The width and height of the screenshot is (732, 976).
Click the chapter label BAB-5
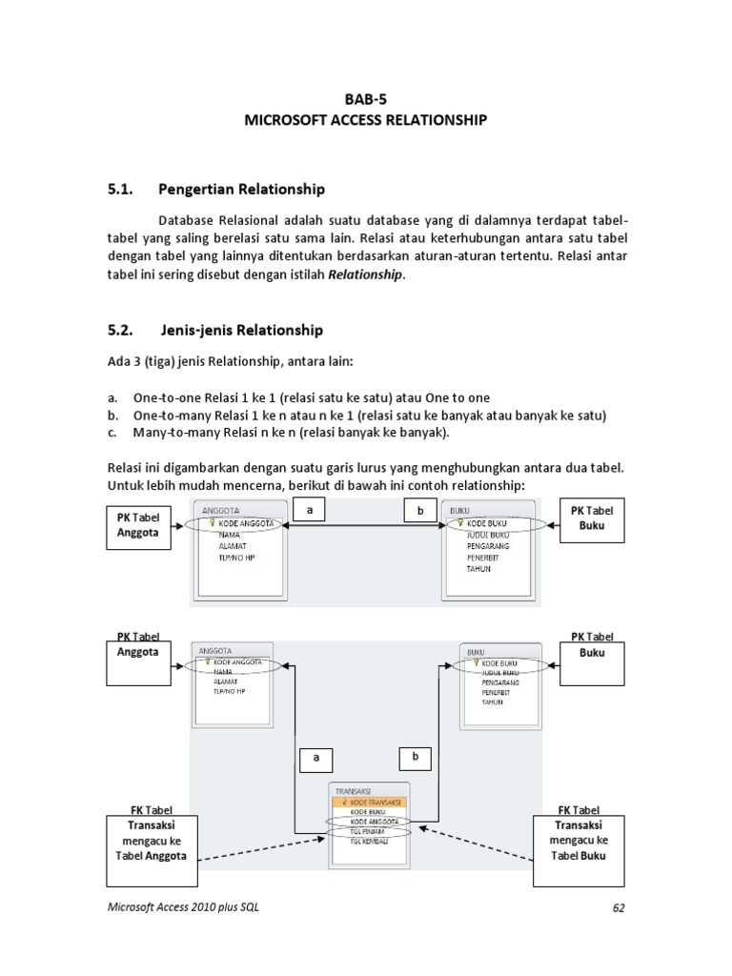pos(366,97)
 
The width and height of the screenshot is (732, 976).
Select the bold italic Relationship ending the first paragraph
pos(366,274)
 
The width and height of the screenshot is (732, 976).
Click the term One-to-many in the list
pos(166,416)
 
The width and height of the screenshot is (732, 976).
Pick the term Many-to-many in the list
pos(169,433)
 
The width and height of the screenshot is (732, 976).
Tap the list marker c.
pos(112,433)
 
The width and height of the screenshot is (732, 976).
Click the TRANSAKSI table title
pos(354,790)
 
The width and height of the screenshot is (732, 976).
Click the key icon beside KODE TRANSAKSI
pos(343,803)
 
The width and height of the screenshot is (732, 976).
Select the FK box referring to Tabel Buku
pos(578,840)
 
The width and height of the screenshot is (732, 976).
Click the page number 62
pos(617,908)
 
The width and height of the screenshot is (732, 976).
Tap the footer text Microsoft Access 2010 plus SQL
pos(182,907)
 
